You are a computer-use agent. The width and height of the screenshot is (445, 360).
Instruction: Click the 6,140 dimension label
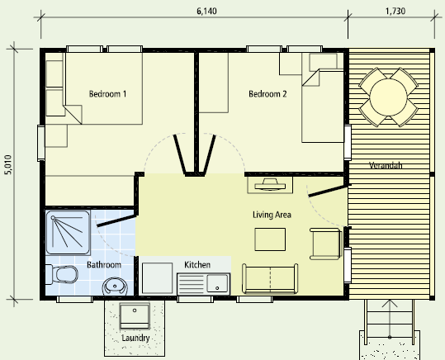pos(206,11)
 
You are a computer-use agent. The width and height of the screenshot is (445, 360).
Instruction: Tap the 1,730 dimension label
pos(395,11)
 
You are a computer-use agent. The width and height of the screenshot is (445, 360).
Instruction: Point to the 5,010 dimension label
pos(8,164)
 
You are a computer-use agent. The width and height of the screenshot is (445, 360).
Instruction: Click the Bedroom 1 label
pos(107,93)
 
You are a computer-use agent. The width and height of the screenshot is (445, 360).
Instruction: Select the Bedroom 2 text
pos(267,93)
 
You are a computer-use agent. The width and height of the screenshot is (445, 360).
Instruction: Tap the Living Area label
pos(272,215)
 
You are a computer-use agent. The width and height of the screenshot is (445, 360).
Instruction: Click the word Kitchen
pos(197,264)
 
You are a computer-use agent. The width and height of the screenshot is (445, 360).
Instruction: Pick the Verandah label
pos(386,165)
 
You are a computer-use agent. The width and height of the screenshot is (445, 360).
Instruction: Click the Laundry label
pos(135,338)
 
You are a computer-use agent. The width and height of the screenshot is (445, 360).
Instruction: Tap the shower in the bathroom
pos(68,232)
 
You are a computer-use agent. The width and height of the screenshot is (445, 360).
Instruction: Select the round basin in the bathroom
pos(115,287)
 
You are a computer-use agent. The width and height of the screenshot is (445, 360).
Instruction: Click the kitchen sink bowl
pos(217,283)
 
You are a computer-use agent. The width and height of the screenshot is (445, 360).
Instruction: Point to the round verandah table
pos(388,97)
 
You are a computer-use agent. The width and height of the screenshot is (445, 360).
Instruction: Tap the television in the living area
pos(270,185)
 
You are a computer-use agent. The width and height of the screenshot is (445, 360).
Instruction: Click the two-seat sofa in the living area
pos(270,279)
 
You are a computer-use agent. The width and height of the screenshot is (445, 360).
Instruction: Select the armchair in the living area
pos(325,244)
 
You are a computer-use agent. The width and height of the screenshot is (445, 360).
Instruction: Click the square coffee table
pos(270,239)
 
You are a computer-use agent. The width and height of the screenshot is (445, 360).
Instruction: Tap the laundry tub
pos(135,316)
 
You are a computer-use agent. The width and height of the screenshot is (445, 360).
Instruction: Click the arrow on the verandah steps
pos(390,319)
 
